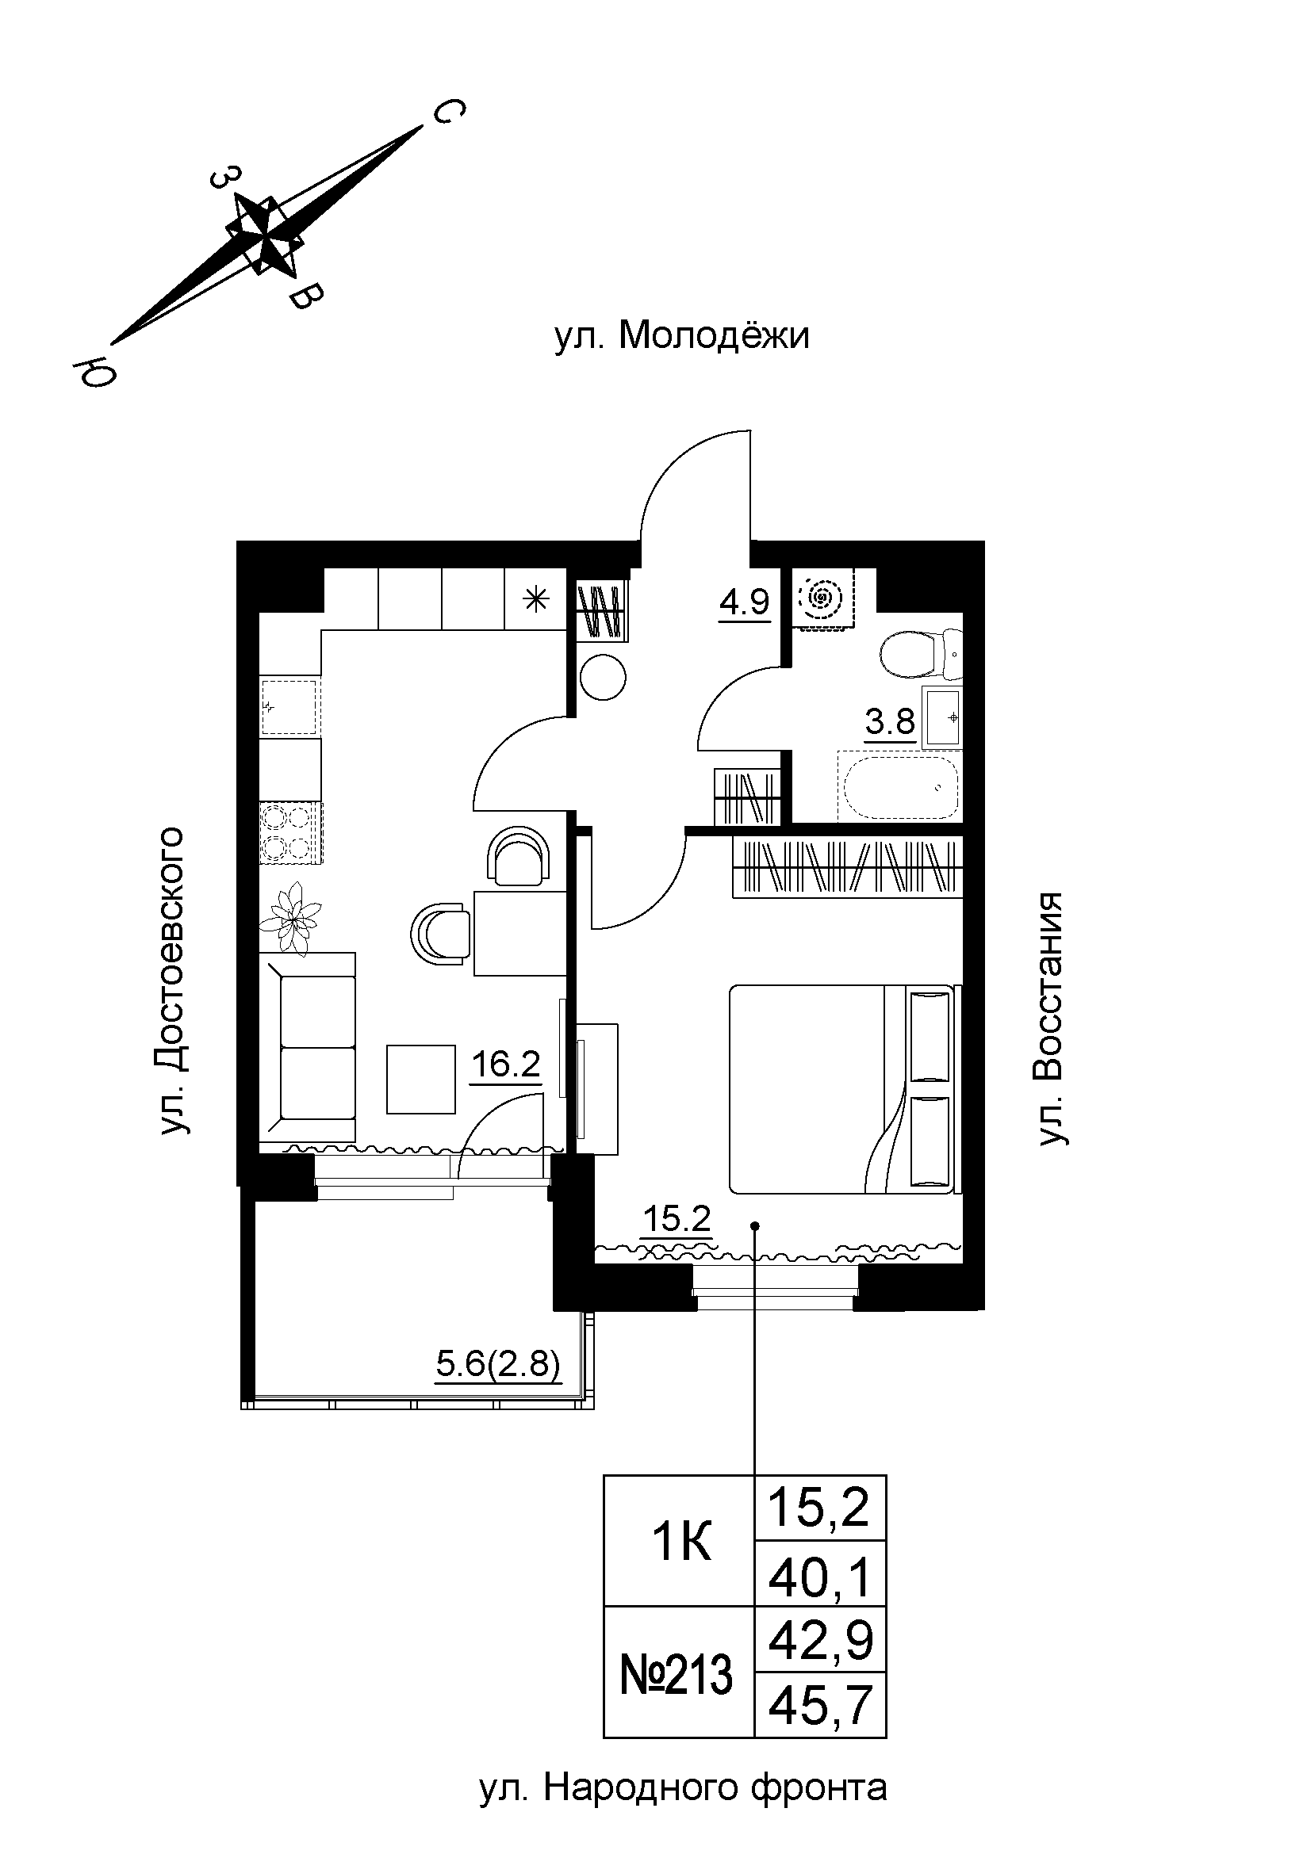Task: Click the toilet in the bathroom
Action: point(920,655)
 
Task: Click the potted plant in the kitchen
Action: point(290,918)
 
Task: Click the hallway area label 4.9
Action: point(744,602)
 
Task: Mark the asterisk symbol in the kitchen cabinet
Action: point(535,599)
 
